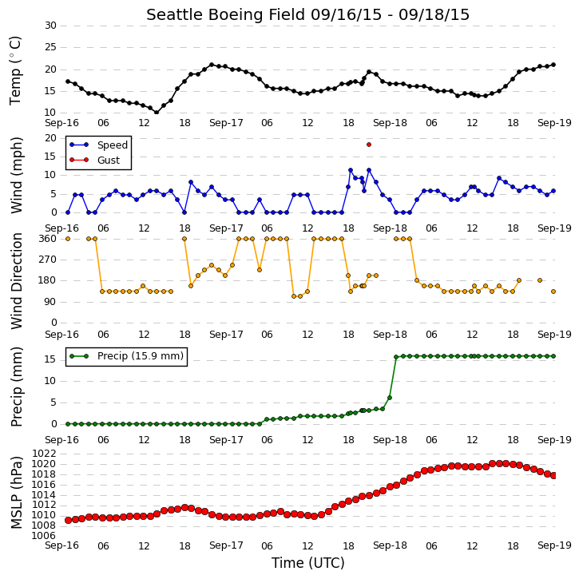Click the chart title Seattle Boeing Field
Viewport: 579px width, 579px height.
click(x=226, y=15)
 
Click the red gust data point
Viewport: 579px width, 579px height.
click(x=369, y=145)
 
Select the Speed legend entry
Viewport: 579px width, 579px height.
click(x=98, y=145)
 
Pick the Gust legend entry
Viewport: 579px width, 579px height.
click(x=95, y=161)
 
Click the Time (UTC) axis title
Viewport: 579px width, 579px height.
click(x=308, y=563)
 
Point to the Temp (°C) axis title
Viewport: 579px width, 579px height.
click(x=15, y=70)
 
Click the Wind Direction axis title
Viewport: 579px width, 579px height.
click(x=16, y=281)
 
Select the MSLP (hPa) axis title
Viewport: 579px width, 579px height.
click(x=16, y=493)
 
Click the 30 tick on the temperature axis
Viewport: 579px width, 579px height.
click(x=50, y=26)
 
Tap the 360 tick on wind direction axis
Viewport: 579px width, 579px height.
click(x=48, y=239)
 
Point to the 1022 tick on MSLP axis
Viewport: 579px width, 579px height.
click(x=44, y=454)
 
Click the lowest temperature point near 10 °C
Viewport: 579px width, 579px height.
click(x=157, y=113)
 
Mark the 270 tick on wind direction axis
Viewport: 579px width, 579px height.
click(x=48, y=260)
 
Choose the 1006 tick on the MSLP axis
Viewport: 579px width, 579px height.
click(x=44, y=536)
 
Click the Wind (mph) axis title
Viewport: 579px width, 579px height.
click(x=16, y=176)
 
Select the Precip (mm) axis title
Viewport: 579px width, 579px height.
click(x=16, y=387)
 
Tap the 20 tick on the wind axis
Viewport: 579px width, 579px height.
click(x=50, y=138)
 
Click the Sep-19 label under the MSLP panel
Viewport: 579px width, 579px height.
click(x=554, y=545)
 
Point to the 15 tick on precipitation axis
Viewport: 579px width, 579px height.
click(x=50, y=359)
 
